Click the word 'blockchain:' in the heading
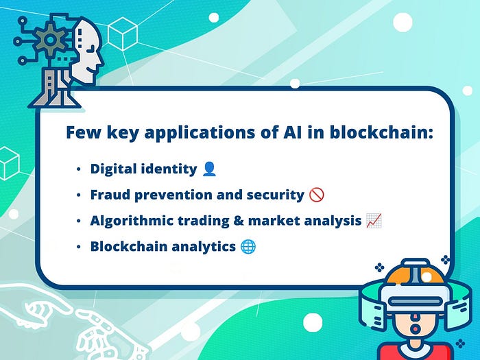pyautogui.click(x=381, y=132)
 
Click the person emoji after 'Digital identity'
pyautogui.click(x=209, y=169)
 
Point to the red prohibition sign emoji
pyautogui.click(x=317, y=195)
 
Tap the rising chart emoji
pyautogui.click(x=374, y=221)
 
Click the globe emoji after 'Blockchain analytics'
pyautogui.click(x=248, y=246)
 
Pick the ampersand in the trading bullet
pyautogui.click(x=239, y=221)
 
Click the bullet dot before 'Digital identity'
pyautogui.click(x=79, y=169)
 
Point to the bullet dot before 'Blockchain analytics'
pyautogui.click(x=79, y=246)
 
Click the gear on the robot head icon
pyautogui.click(x=50, y=40)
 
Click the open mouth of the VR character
pyautogui.click(x=415, y=329)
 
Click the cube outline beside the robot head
pyautogui.click(x=123, y=34)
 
